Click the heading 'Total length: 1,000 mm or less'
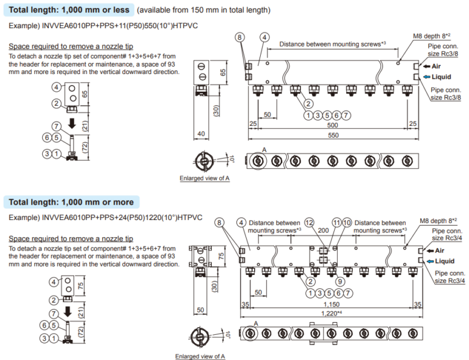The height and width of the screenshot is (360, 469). [x=68, y=10]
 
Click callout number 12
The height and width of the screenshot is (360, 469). [x=310, y=222]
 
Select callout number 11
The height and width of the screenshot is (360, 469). [x=336, y=222]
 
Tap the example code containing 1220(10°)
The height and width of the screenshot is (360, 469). [x=120, y=218]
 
